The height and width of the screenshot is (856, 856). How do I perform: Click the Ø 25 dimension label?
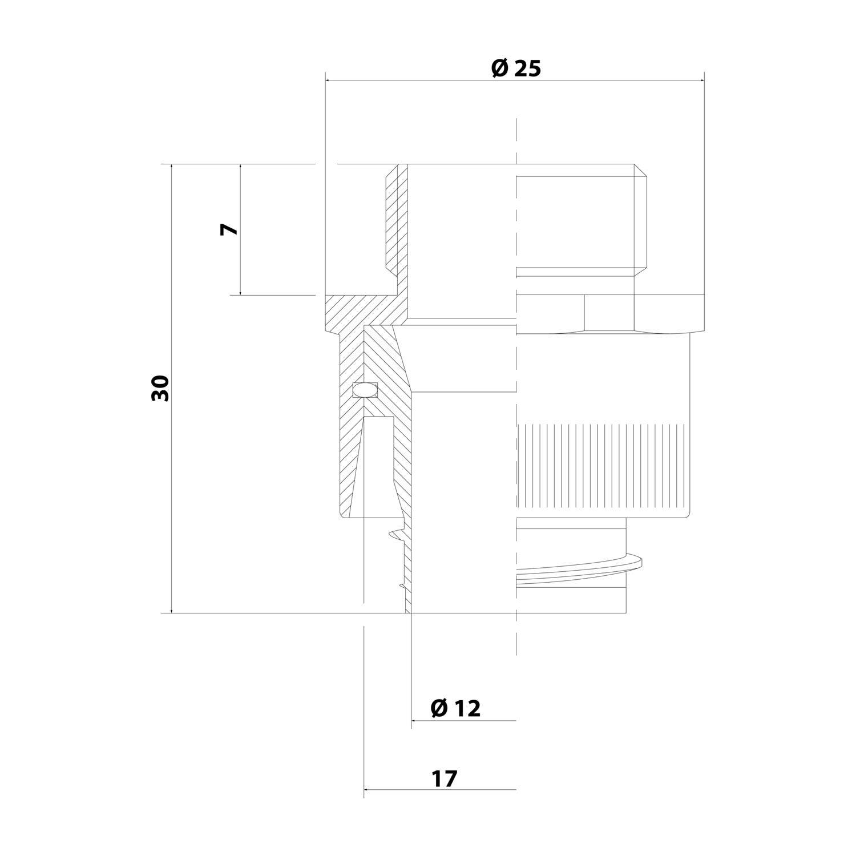pos(515,68)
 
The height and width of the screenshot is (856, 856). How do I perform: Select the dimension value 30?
pos(161,389)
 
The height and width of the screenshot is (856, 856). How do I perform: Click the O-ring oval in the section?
pos(365,390)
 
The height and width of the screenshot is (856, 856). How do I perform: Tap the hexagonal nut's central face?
pos(608,312)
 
